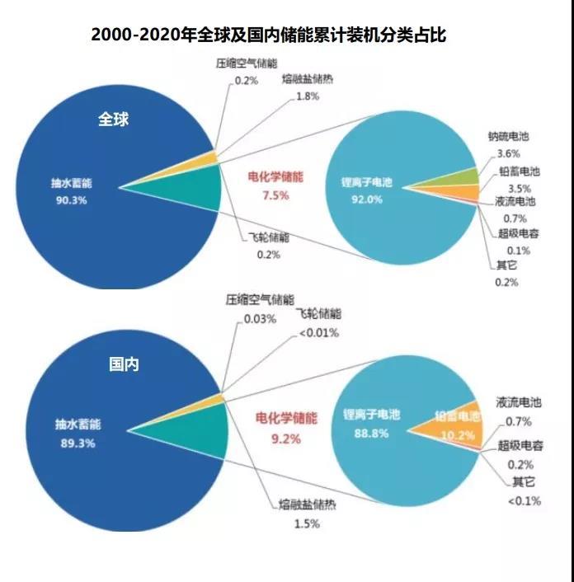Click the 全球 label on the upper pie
pyautogui.click(x=114, y=119)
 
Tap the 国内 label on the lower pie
pyautogui.click(x=125, y=364)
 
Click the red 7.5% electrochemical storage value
pyautogui.click(x=275, y=195)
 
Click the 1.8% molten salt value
pyautogui.click(x=308, y=96)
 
